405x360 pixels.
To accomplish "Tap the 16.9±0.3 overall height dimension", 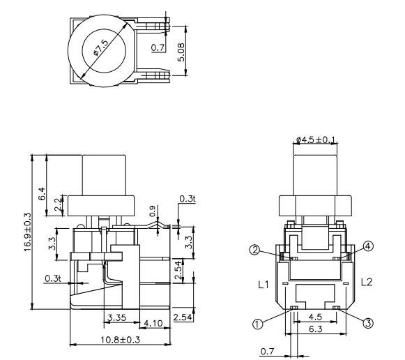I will pyautogui.click(x=28, y=233).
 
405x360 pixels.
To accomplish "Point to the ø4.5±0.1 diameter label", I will pyautogui.click(x=314, y=141).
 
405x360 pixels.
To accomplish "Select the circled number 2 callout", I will pyautogui.click(x=256, y=249).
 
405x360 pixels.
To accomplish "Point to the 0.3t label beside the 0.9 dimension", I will pyautogui.click(x=187, y=199).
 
